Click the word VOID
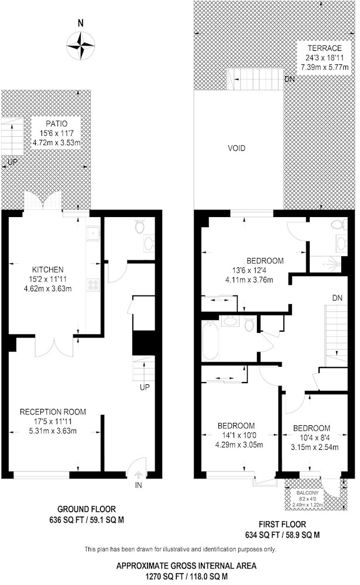(236, 149)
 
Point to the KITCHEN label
(47, 270)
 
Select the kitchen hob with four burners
(93, 285)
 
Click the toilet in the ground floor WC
(139, 226)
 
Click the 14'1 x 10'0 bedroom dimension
(236, 435)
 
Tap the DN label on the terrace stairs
(289, 80)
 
